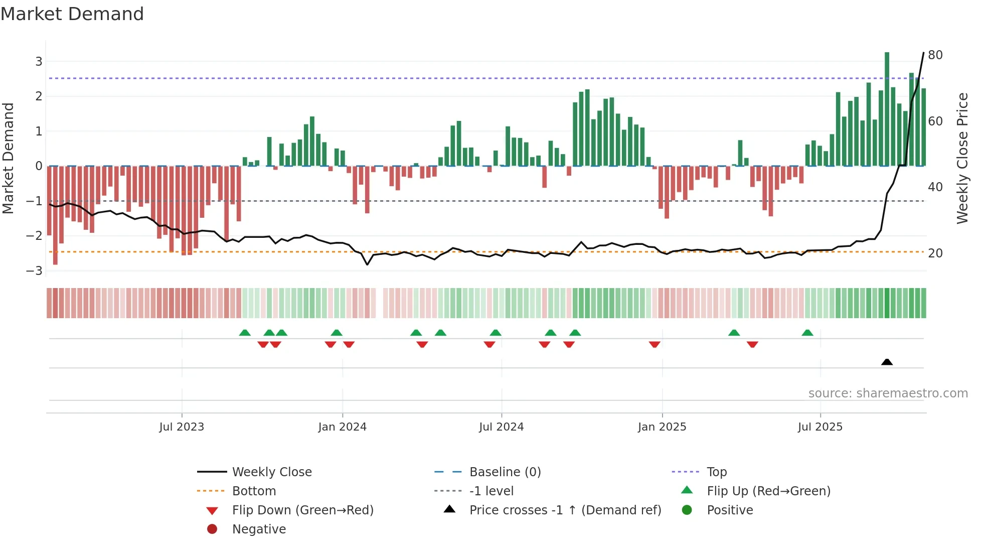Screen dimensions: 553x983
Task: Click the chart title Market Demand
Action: click(x=72, y=14)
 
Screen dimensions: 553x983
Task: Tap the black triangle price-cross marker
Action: click(x=887, y=362)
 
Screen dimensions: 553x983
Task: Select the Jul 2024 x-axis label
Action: click(x=501, y=427)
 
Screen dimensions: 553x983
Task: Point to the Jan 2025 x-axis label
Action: click(x=662, y=427)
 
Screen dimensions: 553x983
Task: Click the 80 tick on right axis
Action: click(x=935, y=55)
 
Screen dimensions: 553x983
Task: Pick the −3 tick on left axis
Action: click(x=34, y=271)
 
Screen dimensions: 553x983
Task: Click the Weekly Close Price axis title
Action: click(x=962, y=158)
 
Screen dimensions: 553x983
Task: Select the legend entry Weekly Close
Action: click(x=271, y=472)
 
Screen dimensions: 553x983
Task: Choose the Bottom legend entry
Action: click(x=254, y=491)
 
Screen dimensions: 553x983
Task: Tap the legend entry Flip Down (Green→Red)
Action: click(x=302, y=510)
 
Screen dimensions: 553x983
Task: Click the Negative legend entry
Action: click(x=259, y=529)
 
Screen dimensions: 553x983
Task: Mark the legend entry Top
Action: click(x=717, y=472)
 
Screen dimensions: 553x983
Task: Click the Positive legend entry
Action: click(x=730, y=510)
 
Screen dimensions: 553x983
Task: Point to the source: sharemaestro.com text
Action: click(x=888, y=393)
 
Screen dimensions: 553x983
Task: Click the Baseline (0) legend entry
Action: click(x=505, y=472)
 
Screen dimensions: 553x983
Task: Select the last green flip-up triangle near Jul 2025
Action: click(x=807, y=333)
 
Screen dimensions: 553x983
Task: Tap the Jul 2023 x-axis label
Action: click(x=182, y=427)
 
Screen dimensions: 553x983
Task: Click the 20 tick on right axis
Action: click(x=935, y=253)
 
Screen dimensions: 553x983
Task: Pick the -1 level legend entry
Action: click(x=491, y=491)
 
